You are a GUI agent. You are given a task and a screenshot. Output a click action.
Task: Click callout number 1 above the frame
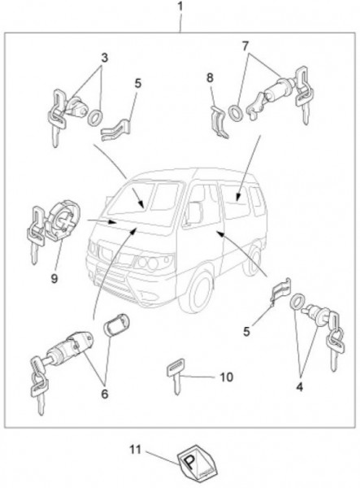tap(180, 7)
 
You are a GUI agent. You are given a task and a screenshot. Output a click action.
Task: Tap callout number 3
tap(105, 58)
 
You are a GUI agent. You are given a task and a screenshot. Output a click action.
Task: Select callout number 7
tap(245, 46)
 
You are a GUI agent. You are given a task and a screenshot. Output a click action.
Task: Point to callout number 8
tap(210, 77)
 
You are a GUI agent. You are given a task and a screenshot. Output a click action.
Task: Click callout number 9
tap(54, 278)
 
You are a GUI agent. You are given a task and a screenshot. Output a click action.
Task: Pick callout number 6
tap(105, 394)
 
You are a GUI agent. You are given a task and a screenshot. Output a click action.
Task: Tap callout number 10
tap(227, 377)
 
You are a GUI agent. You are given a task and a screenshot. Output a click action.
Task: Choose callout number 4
tap(299, 387)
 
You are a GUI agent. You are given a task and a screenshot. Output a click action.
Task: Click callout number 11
tap(135, 450)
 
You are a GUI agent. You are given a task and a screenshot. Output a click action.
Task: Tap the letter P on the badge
tap(189, 463)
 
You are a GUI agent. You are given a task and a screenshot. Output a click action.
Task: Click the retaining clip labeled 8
tap(219, 121)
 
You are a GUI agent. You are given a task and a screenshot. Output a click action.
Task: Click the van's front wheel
tap(196, 291)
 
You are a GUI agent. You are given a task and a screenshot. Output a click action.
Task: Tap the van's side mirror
tap(194, 213)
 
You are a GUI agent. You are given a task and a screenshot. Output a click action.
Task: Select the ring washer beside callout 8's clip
tap(236, 113)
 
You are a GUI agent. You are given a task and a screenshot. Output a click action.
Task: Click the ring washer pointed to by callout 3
tap(95, 118)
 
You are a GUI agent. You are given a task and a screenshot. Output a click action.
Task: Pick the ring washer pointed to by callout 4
tap(297, 302)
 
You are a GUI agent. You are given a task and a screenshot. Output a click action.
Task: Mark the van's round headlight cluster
tap(149, 263)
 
